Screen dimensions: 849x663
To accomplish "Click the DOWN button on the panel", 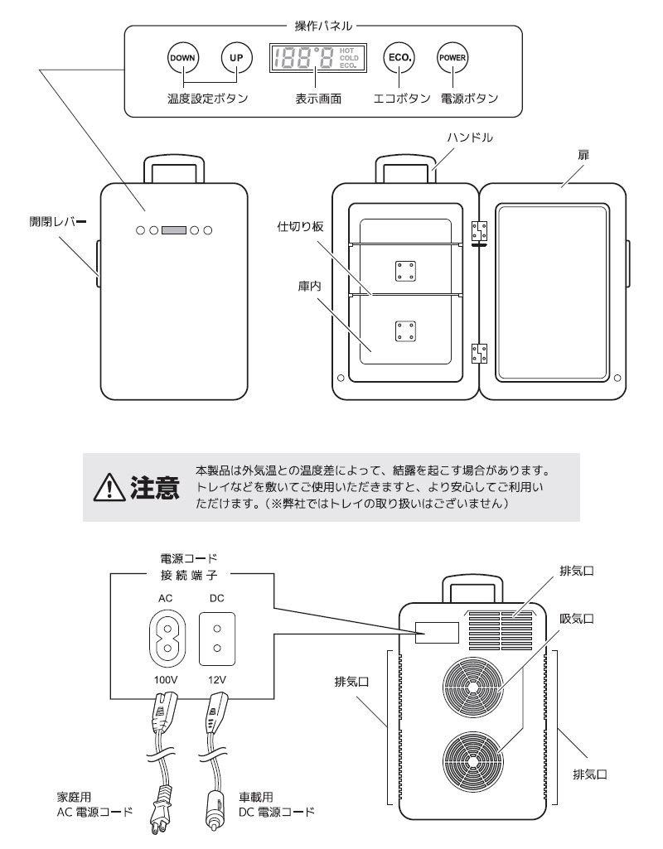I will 180,59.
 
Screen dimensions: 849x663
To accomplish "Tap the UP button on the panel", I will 235,59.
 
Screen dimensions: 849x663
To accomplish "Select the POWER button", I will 452,58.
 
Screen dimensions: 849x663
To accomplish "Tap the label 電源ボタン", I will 470,99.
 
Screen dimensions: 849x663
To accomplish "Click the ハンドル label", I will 470,137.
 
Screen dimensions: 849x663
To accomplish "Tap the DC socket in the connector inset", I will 216,638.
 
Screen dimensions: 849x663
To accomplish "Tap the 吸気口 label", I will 578,618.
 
